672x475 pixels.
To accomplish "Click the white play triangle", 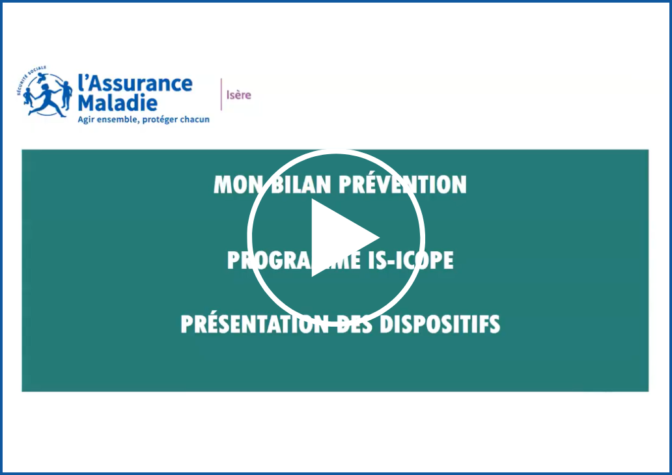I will click(341, 238).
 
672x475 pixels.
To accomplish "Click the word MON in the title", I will click(234, 185).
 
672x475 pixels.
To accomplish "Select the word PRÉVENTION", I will click(403, 185).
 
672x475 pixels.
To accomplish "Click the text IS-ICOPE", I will click(413, 260).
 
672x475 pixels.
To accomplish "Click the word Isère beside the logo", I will click(238, 95).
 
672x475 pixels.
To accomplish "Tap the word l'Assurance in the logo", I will click(135, 83).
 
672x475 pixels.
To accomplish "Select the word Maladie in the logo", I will click(117, 102).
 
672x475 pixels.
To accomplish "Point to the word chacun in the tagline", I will click(193, 120).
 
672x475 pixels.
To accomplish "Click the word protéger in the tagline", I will click(158, 120).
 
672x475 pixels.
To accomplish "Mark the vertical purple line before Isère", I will click(221, 94).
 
